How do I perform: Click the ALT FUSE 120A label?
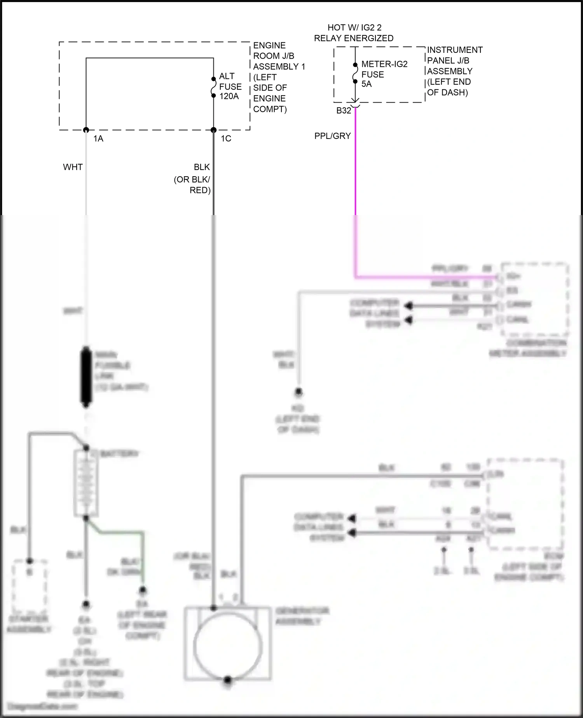point(230,86)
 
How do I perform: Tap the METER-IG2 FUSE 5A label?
point(384,74)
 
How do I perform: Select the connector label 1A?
point(98,138)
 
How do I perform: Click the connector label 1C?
point(226,138)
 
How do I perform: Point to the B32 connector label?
point(344,111)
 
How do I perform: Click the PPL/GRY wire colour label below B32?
point(332,136)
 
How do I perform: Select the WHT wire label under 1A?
point(73,167)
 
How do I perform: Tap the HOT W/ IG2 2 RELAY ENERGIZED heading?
point(354,33)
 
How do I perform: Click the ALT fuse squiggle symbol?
point(213,87)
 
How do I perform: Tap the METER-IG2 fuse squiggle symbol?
point(355,73)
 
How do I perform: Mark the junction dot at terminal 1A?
point(86,130)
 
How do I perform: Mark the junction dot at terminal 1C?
point(213,130)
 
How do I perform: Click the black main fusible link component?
point(86,376)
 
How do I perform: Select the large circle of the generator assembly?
point(228,646)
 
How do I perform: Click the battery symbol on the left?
point(86,483)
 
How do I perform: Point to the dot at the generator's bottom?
point(228,680)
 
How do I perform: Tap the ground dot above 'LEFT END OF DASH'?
point(298,392)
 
